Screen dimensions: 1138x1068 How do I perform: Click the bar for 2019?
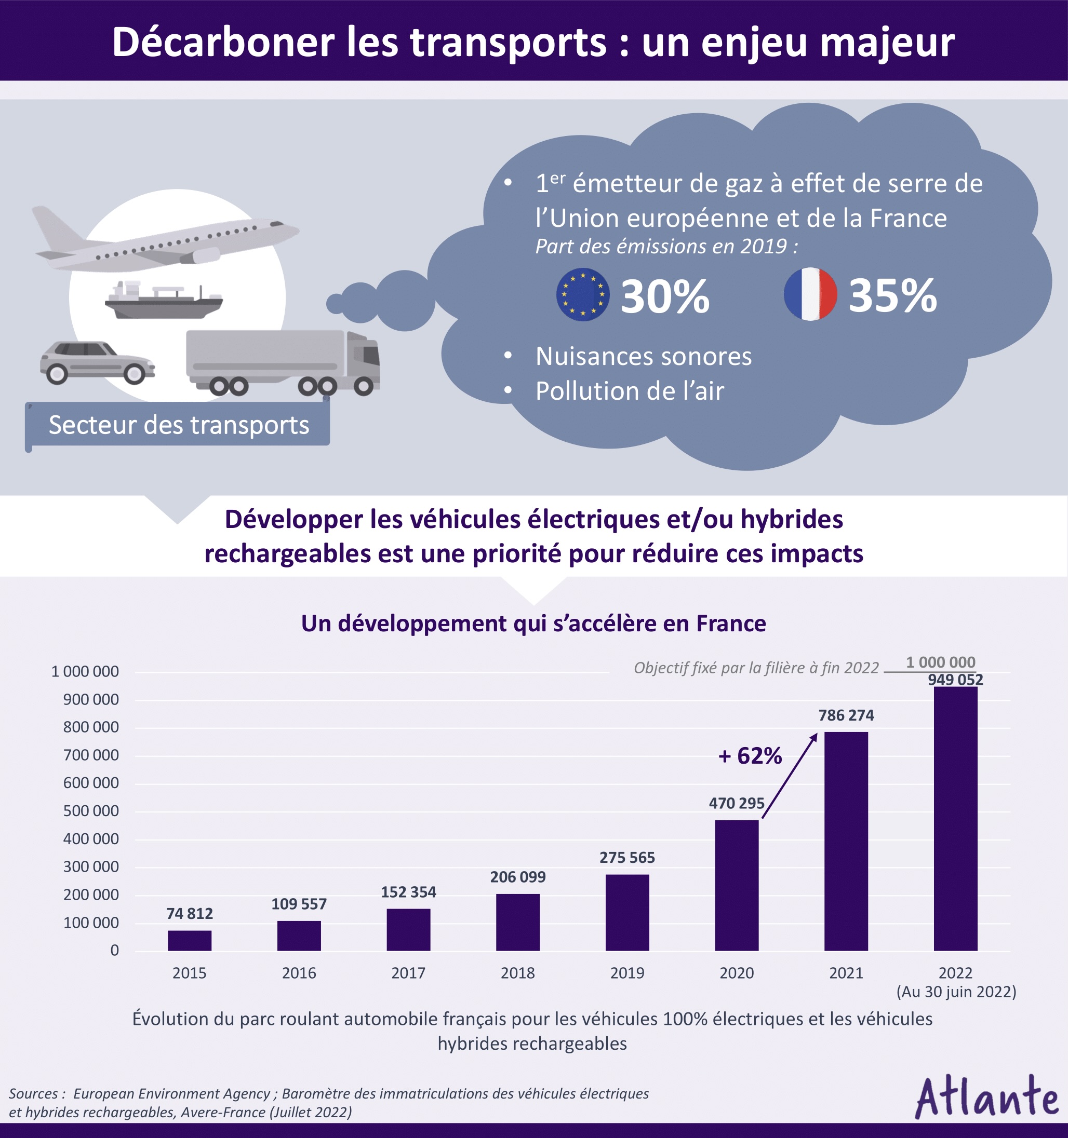627,913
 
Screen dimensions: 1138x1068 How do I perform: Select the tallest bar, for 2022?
955,819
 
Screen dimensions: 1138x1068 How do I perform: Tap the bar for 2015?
190,941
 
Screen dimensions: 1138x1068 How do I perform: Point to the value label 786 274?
846,715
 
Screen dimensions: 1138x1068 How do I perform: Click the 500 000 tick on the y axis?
91,811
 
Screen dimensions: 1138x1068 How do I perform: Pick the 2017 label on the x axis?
408,973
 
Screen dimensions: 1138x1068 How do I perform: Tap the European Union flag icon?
582,294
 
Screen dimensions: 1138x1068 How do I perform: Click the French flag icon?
810,294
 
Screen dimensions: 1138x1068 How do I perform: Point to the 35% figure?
892,296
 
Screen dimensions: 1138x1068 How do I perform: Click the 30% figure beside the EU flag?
665,296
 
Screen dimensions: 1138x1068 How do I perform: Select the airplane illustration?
166,240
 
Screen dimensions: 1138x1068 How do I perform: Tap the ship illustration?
164,301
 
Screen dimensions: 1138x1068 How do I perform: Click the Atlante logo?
986,1098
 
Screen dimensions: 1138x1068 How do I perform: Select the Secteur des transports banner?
178,425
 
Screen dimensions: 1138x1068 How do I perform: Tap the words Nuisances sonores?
643,357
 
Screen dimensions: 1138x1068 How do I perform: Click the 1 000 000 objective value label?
940,662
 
